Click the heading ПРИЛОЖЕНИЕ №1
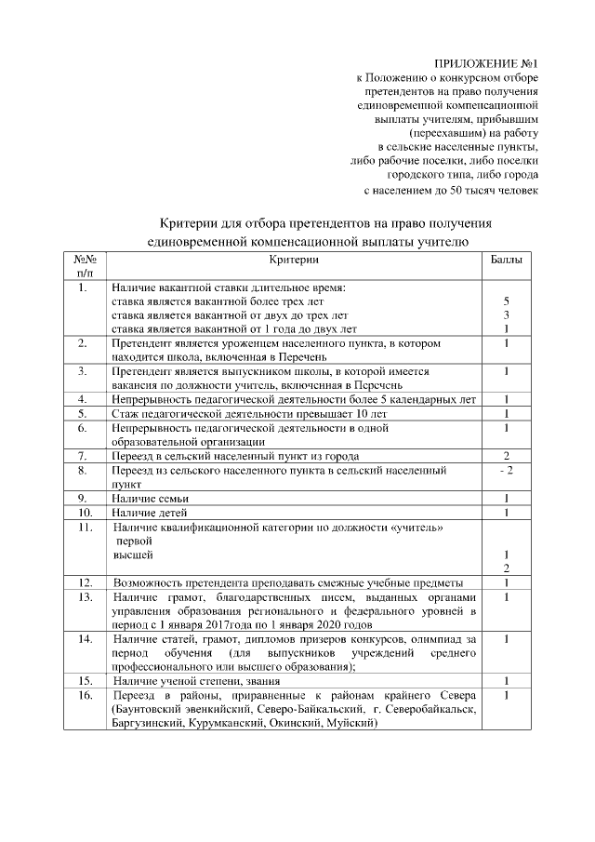486,62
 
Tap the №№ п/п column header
85,265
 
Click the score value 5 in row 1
506,302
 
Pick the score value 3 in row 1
506,315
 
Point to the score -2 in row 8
506,471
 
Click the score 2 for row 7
506,456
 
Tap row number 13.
85,596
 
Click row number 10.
85,513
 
